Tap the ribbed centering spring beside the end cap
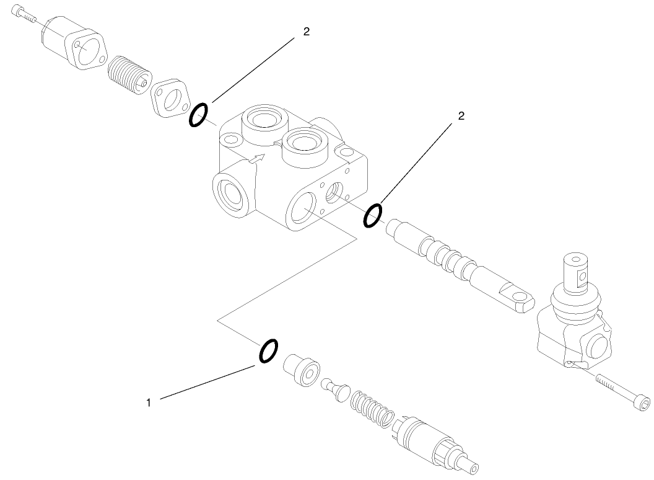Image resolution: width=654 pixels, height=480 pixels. click(x=128, y=73)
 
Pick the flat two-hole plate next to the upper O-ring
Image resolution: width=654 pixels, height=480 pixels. click(x=170, y=97)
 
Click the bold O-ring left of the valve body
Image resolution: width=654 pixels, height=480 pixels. click(x=198, y=115)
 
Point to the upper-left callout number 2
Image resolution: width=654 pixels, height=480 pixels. click(x=306, y=32)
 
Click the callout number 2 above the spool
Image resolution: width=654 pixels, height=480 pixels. click(x=461, y=115)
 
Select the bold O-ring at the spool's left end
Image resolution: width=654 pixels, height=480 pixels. click(x=372, y=216)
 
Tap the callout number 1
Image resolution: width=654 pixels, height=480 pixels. click(x=149, y=402)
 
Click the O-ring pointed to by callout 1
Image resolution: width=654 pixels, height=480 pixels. click(x=268, y=350)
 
